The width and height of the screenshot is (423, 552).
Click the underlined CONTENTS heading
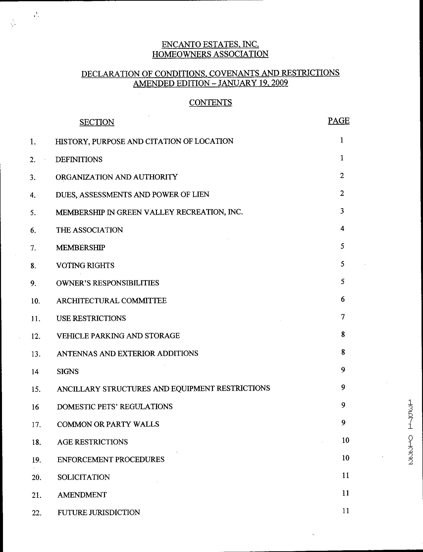click(210, 102)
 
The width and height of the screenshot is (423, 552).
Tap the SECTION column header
click(97, 122)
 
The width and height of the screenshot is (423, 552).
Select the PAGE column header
click(338, 121)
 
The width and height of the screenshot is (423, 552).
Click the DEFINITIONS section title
click(79, 159)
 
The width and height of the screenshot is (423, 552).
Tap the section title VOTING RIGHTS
click(85, 265)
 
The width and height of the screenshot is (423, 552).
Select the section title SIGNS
click(68, 371)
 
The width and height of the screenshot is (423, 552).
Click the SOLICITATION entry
click(84, 477)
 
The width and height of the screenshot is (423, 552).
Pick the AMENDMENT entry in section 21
click(82, 495)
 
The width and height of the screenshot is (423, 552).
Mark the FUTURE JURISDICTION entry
click(99, 512)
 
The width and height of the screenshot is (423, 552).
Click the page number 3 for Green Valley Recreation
click(342, 211)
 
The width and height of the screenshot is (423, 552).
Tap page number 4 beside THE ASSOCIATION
click(342, 228)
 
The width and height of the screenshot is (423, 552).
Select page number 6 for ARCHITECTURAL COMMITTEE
click(343, 299)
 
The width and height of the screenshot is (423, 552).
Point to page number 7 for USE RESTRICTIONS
click(343, 317)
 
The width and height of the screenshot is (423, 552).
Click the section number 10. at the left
click(35, 301)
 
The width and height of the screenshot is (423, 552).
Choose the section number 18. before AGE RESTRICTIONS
click(36, 442)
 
